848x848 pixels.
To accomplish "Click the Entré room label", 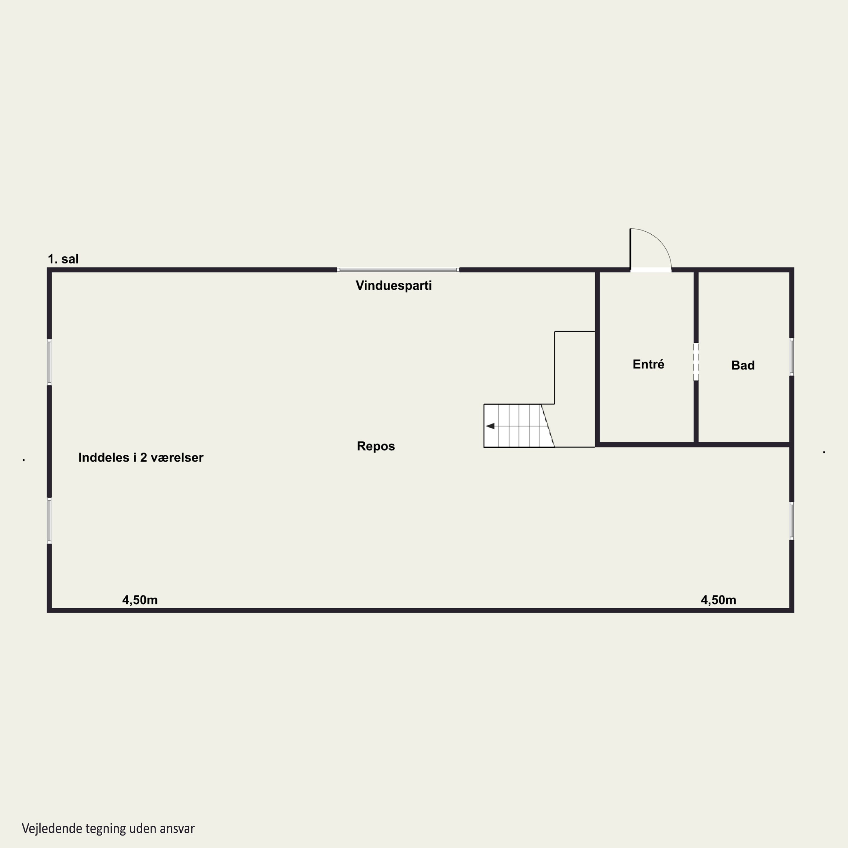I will [x=648, y=364].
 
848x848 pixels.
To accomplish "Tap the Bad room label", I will [x=743, y=365].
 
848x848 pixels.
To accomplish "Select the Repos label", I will [x=376, y=446].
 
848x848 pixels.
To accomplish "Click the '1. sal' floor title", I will [x=63, y=259].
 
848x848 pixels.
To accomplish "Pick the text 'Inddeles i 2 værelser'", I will [x=140, y=457].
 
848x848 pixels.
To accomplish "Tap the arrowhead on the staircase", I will [x=490, y=426].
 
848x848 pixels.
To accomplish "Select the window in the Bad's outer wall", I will [x=791, y=356].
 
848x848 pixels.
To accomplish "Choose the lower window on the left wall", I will [x=49, y=521].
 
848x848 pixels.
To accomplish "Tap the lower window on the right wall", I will [x=791, y=521].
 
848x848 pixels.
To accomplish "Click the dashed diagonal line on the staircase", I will [x=548, y=425].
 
